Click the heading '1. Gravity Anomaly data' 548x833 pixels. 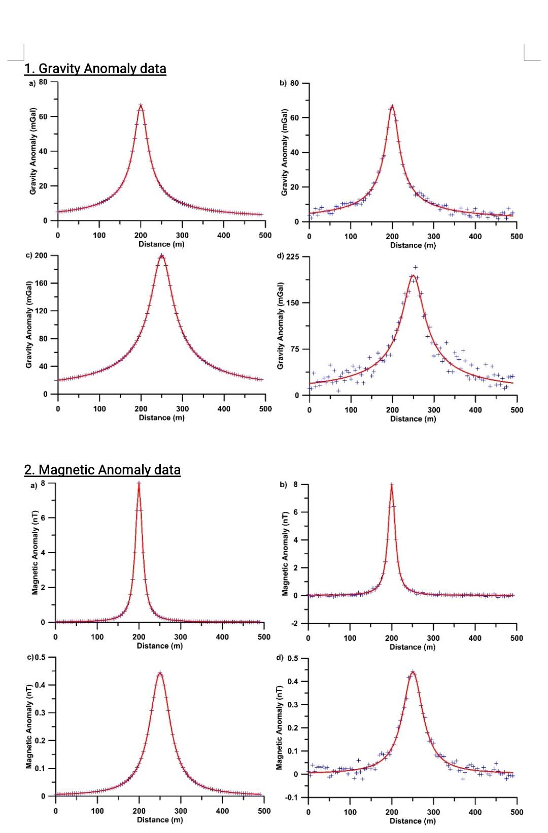tap(95, 69)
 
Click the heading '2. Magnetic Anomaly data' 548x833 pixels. tap(102, 470)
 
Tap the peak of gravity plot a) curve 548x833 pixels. tap(141, 106)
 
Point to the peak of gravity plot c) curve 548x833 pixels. tap(161, 255)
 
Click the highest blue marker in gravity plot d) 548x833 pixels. tap(416, 267)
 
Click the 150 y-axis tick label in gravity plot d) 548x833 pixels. tap(294, 303)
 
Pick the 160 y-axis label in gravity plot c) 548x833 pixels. tap(42, 283)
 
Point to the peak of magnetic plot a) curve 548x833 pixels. tap(139, 484)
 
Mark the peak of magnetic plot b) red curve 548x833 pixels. tap(392, 485)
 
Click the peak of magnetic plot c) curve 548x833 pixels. tap(160, 673)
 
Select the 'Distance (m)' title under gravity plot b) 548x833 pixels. tap(413, 245)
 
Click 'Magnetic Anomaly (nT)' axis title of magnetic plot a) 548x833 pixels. tap(35, 552)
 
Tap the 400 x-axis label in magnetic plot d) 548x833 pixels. tap(475, 812)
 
